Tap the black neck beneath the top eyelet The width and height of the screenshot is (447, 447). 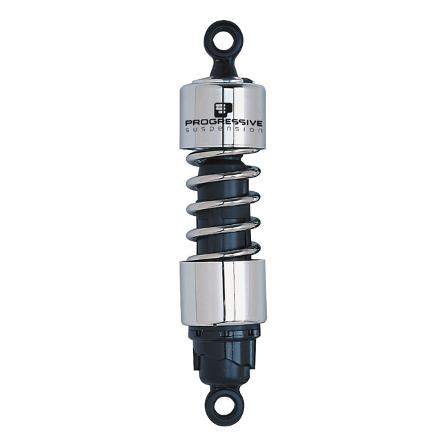(x=223, y=65)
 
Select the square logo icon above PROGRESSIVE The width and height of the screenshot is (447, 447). (x=223, y=111)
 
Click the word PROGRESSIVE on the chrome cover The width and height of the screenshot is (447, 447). (x=223, y=123)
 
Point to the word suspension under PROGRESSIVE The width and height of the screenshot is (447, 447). (x=224, y=130)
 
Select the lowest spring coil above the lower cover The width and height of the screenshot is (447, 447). (x=223, y=252)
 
